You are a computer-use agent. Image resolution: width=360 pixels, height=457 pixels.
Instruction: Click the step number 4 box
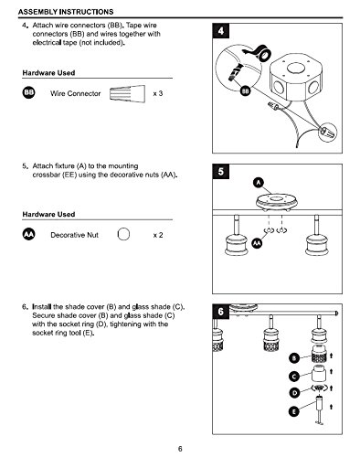pyautogui.click(x=220, y=31)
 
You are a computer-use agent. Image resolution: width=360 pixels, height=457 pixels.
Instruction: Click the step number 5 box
pyautogui.click(x=220, y=172)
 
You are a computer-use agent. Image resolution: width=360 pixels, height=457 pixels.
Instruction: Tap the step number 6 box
pyautogui.click(x=220, y=312)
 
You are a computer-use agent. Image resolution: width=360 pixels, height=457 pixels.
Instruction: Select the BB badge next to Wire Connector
pyautogui.click(x=28, y=92)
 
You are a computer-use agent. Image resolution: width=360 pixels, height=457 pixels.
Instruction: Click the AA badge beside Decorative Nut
pyautogui.click(x=28, y=234)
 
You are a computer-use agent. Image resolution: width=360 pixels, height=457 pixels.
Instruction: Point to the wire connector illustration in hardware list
pyautogui.click(x=127, y=93)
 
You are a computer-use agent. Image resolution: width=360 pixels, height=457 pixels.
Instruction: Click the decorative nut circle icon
pyautogui.click(x=123, y=234)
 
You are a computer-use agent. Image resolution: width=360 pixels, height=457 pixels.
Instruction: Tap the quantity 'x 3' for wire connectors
pyautogui.click(x=158, y=93)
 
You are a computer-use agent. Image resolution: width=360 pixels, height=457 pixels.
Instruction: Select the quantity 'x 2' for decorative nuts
pyautogui.click(x=158, y=235)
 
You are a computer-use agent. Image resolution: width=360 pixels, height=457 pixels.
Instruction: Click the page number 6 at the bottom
pyautogui.click(x=180, y=449)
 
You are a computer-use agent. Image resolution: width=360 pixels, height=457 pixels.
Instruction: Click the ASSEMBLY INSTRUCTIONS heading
pyautogui.click(x=66, y=12)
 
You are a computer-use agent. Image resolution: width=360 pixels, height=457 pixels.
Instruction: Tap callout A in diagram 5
pyautogui.click(x=259, y=183)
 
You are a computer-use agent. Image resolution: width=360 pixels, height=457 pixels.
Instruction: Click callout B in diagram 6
pyautogui.click(x=294, y=358)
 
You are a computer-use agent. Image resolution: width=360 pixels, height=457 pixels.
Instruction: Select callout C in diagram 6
pyautogui.click(x=294, y=377)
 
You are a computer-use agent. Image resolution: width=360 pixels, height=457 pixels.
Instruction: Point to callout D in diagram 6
pyautogui.click(x=294, y=393)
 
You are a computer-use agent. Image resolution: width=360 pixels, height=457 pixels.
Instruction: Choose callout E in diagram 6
pyautogui.click(x=294, y=411)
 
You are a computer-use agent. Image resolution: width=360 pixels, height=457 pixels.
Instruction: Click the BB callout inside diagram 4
pyautogui.click(x=245, y=90)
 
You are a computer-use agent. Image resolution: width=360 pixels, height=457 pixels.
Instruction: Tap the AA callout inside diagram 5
pyautogui.click(x=257, y=243)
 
